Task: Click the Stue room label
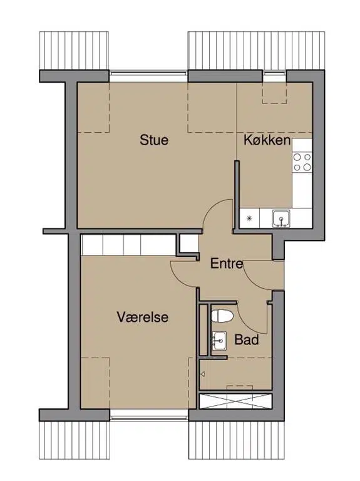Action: (154, 140)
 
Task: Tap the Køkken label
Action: (267, 140)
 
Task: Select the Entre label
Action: (227, 264)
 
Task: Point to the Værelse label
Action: (143, 317)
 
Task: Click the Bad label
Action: (247, 339)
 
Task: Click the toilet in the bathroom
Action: (222, 316)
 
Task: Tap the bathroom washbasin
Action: (219, 340)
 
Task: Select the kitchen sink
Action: (281, 219)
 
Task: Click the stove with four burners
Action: (302, 162)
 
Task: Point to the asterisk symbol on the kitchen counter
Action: (250, 219)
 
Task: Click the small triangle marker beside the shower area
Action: (202, 374)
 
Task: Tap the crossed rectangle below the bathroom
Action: (235, 401)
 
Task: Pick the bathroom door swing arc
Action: (247, 324)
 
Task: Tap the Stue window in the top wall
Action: (148, 73)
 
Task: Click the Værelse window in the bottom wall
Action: (149, 417)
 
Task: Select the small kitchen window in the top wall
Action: (274, 73)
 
